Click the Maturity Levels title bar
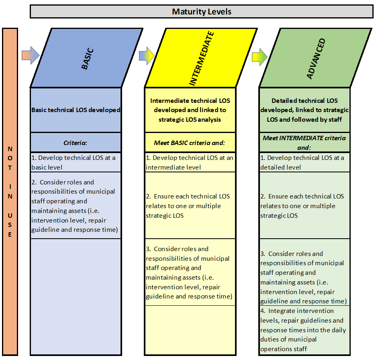[x=201, y=12]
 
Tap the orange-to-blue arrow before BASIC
[x=31, y=55]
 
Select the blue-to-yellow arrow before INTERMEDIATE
[x=147, y=55]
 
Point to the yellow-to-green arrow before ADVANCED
[x=260, y=57]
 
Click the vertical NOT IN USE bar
[x=10, y=192]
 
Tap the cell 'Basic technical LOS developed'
[x=76, y=110]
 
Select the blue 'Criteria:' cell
[x=76, y=143]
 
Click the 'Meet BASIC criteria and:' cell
[x=190, y=143]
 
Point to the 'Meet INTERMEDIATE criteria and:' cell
[x=304, y=143]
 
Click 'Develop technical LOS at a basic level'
[x=76, y=162]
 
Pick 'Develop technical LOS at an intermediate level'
[x=190, y=162]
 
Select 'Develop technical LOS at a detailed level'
[x=304, y=162]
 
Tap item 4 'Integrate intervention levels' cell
[x=304, y=330]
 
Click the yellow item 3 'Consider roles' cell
[x=190, y=272]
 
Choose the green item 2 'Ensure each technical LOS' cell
[x=304, y=206]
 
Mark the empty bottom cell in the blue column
[x=76, y=297]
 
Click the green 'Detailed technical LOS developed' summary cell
[x=304, y=110]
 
